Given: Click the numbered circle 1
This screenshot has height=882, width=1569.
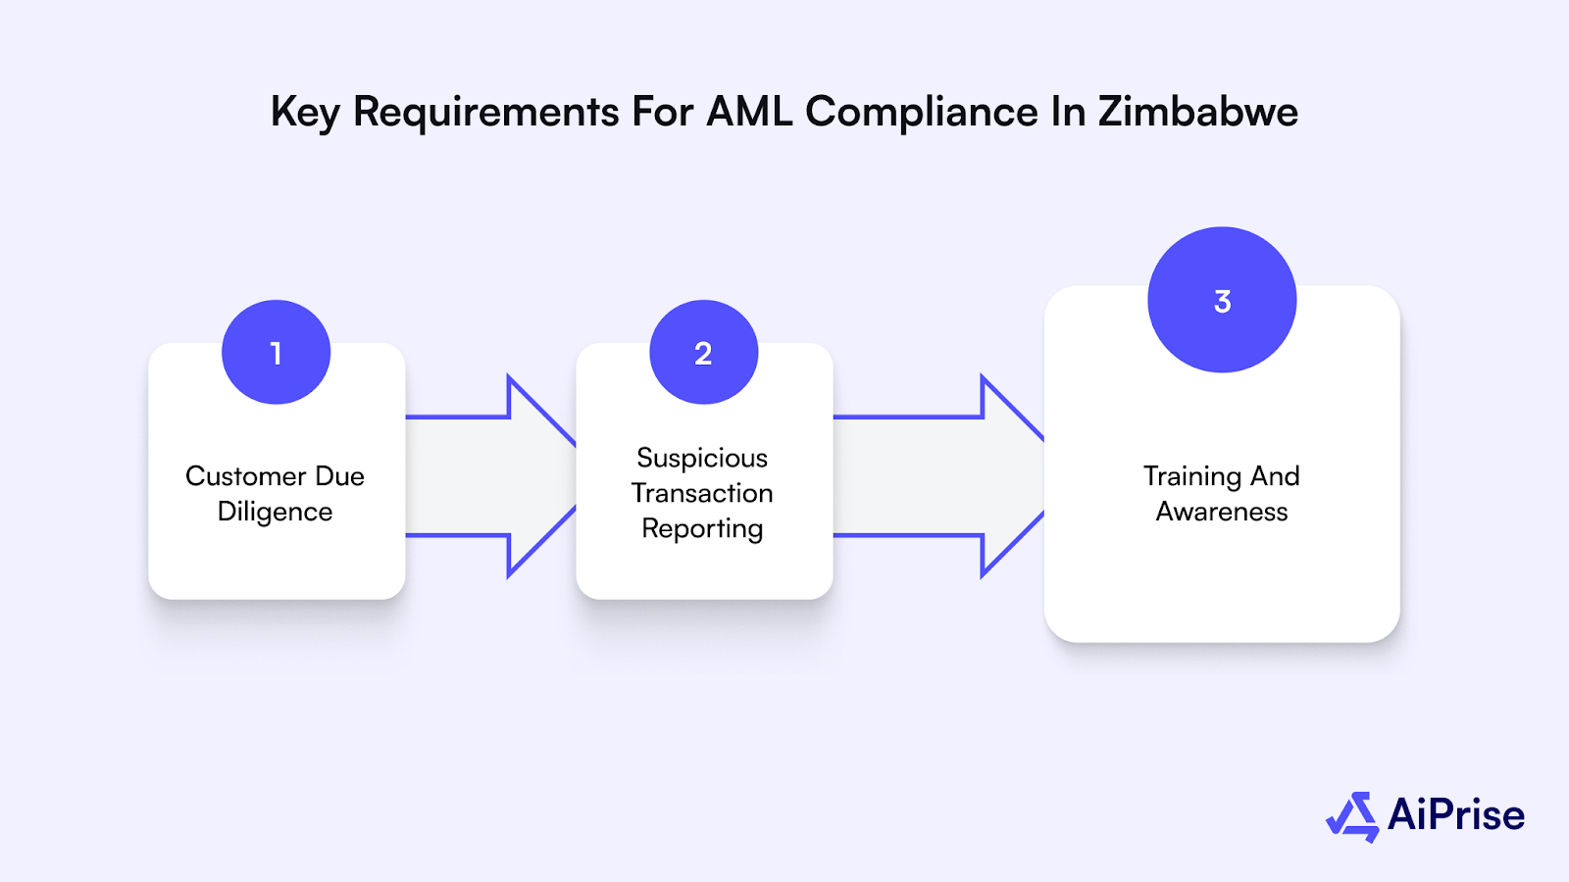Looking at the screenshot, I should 276,352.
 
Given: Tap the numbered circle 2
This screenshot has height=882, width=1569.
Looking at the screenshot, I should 703,352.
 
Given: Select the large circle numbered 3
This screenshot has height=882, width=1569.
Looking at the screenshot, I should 1222,300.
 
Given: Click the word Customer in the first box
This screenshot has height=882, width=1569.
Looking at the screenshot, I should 245,476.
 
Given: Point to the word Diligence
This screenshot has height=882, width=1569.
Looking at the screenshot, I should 275,512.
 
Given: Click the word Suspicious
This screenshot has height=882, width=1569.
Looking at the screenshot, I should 702,458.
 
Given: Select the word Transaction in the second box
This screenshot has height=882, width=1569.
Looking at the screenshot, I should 702,493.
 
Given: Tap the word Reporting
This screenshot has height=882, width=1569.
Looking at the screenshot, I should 702,529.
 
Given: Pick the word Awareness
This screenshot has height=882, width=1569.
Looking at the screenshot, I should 1222,512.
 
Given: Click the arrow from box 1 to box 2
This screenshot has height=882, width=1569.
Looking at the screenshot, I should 490,476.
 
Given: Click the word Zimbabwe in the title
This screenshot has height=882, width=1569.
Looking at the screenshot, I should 1197,112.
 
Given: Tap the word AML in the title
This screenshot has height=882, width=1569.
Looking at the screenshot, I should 750,112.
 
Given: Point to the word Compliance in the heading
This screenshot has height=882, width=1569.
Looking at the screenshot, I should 922,112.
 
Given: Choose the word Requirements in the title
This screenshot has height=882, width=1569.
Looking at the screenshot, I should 486,112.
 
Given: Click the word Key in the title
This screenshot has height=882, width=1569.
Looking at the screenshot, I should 305,112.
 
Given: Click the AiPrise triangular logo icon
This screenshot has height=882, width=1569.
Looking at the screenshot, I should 1353,816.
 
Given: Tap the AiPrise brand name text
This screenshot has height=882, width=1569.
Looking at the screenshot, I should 1456,815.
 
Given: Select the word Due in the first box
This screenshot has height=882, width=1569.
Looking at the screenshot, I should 339,476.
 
